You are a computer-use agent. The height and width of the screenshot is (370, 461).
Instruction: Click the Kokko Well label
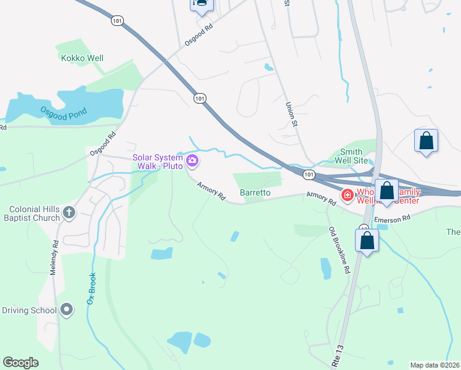[x=82, y=59]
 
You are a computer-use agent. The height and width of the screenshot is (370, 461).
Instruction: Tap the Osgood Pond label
[x=63, y=113]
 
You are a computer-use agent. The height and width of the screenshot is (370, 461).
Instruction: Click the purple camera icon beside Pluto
[x=192, y=161]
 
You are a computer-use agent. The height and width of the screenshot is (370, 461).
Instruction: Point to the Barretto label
[x=255, y=192]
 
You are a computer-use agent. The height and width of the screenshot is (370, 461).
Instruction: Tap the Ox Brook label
[x=92, y=288]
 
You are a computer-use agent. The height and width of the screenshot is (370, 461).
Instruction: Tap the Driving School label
[x=29, y=310]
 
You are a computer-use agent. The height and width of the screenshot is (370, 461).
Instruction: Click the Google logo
[x=20, y=363]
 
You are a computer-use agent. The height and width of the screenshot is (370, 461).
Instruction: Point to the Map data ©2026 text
[x=434, y=365]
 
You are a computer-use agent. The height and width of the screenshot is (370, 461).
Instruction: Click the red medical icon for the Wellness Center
[x=348, y=195]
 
